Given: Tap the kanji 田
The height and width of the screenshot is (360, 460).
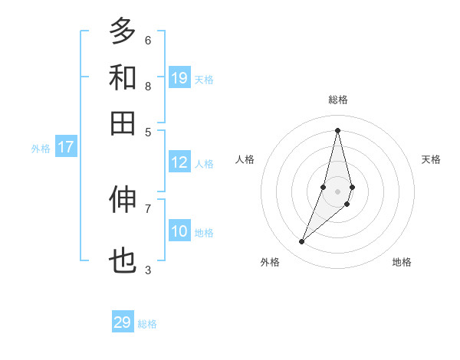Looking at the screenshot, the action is point(123,123).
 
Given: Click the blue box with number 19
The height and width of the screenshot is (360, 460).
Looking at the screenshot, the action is point(179,78).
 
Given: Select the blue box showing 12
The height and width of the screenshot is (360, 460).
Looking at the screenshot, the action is point(179,162).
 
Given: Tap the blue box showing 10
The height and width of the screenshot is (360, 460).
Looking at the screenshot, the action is point(179,232).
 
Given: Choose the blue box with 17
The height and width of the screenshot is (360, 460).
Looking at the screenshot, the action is point(65,148).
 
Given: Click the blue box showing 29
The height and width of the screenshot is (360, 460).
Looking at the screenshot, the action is point(123,322).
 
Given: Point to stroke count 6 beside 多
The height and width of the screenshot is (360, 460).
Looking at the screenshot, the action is point(148,40).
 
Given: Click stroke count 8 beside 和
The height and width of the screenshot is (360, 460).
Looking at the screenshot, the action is point(148,87).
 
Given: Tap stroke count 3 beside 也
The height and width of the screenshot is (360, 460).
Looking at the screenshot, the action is point(148,270).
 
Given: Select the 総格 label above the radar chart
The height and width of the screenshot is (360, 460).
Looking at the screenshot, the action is point(337,100).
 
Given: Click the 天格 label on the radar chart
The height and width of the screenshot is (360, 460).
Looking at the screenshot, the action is point(431,159).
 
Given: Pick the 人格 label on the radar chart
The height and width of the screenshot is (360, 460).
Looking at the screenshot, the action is point(245,159).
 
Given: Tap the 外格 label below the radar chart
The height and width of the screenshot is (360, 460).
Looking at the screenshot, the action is point(270,262).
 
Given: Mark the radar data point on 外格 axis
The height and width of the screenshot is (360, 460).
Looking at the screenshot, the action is point(302,242).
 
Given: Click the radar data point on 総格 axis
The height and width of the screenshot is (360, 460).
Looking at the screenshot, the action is point(337,130).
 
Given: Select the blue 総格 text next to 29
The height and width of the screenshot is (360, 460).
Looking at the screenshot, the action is point(147,324).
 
